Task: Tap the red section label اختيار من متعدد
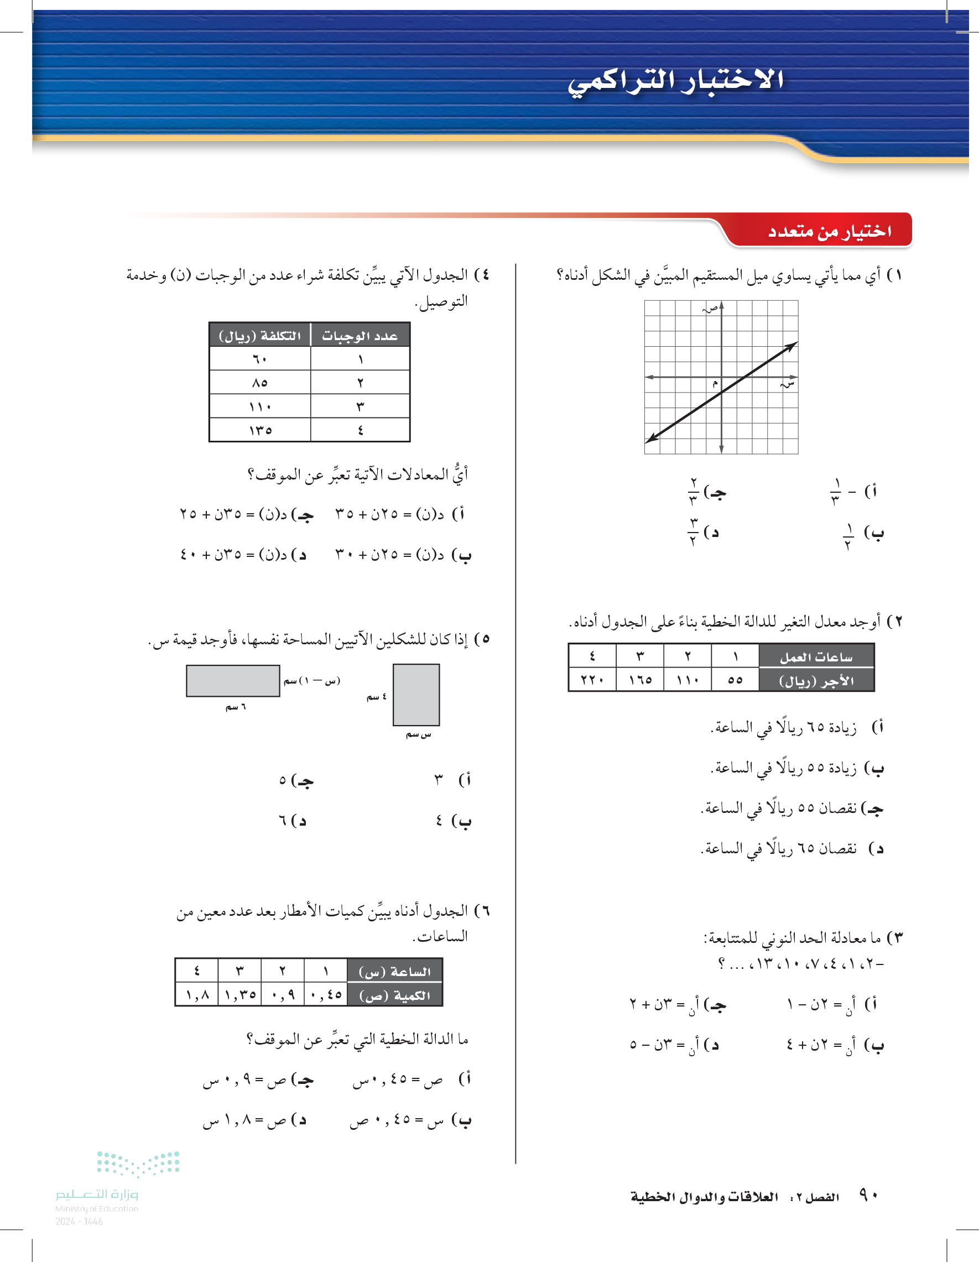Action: click(829, 232)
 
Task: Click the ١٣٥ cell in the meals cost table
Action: click(260, 430)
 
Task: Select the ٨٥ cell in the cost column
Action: click(260, 383)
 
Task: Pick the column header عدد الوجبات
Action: click(360, 336)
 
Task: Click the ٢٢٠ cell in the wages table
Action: click(592, 680)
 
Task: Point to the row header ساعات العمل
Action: click(816, 657)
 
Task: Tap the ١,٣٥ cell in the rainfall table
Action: click(239, 995)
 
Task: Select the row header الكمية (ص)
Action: click(395, 995)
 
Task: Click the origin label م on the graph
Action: click(715, 384)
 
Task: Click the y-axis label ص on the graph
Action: click(711, 309)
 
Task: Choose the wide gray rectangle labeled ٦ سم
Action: click(233, 681)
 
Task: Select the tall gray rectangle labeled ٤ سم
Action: click(416, 695)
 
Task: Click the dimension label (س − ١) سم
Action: click(312, 681)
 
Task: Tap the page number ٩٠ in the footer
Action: click(868, 1195)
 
